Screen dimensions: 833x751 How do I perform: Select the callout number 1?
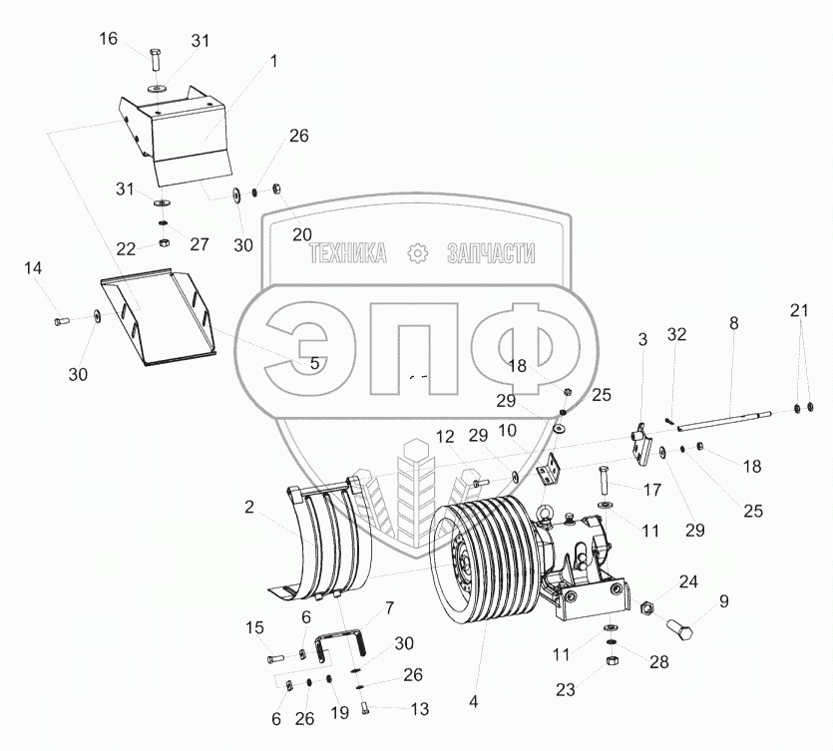tap(272, 61)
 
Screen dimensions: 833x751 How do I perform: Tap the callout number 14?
tap(34, 268)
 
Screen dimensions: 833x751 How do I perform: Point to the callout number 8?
tap(734, 323)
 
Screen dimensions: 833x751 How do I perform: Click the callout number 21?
tap(798, 310)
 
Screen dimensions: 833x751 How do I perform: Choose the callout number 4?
tap(474, 701)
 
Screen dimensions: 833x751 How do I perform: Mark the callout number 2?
tap(247, 508)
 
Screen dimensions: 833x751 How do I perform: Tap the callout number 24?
tap(688, 581)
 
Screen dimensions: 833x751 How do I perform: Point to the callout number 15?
tap(254, 626)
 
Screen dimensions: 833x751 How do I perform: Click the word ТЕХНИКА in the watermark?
tap(348, 254)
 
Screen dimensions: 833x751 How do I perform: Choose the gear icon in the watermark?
tap(418, 253)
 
